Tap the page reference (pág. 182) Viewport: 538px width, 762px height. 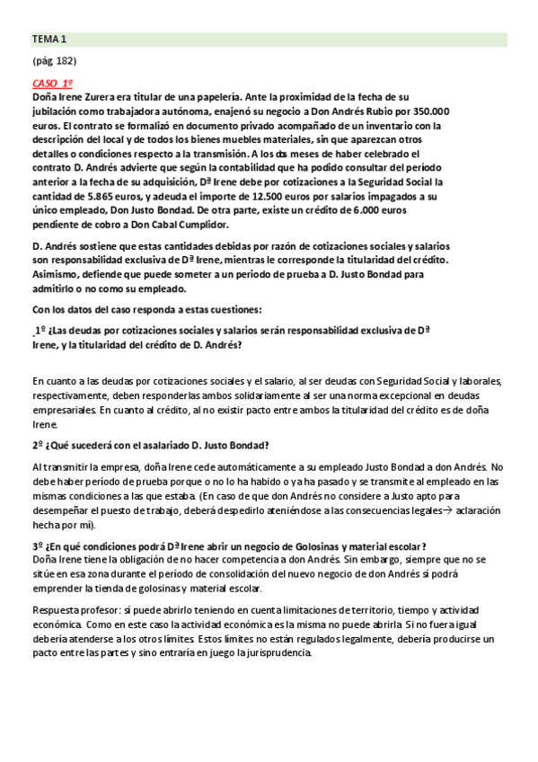point(54,61)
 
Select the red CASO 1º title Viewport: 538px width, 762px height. point(52,83)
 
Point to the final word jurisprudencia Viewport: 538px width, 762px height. point(273,652)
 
